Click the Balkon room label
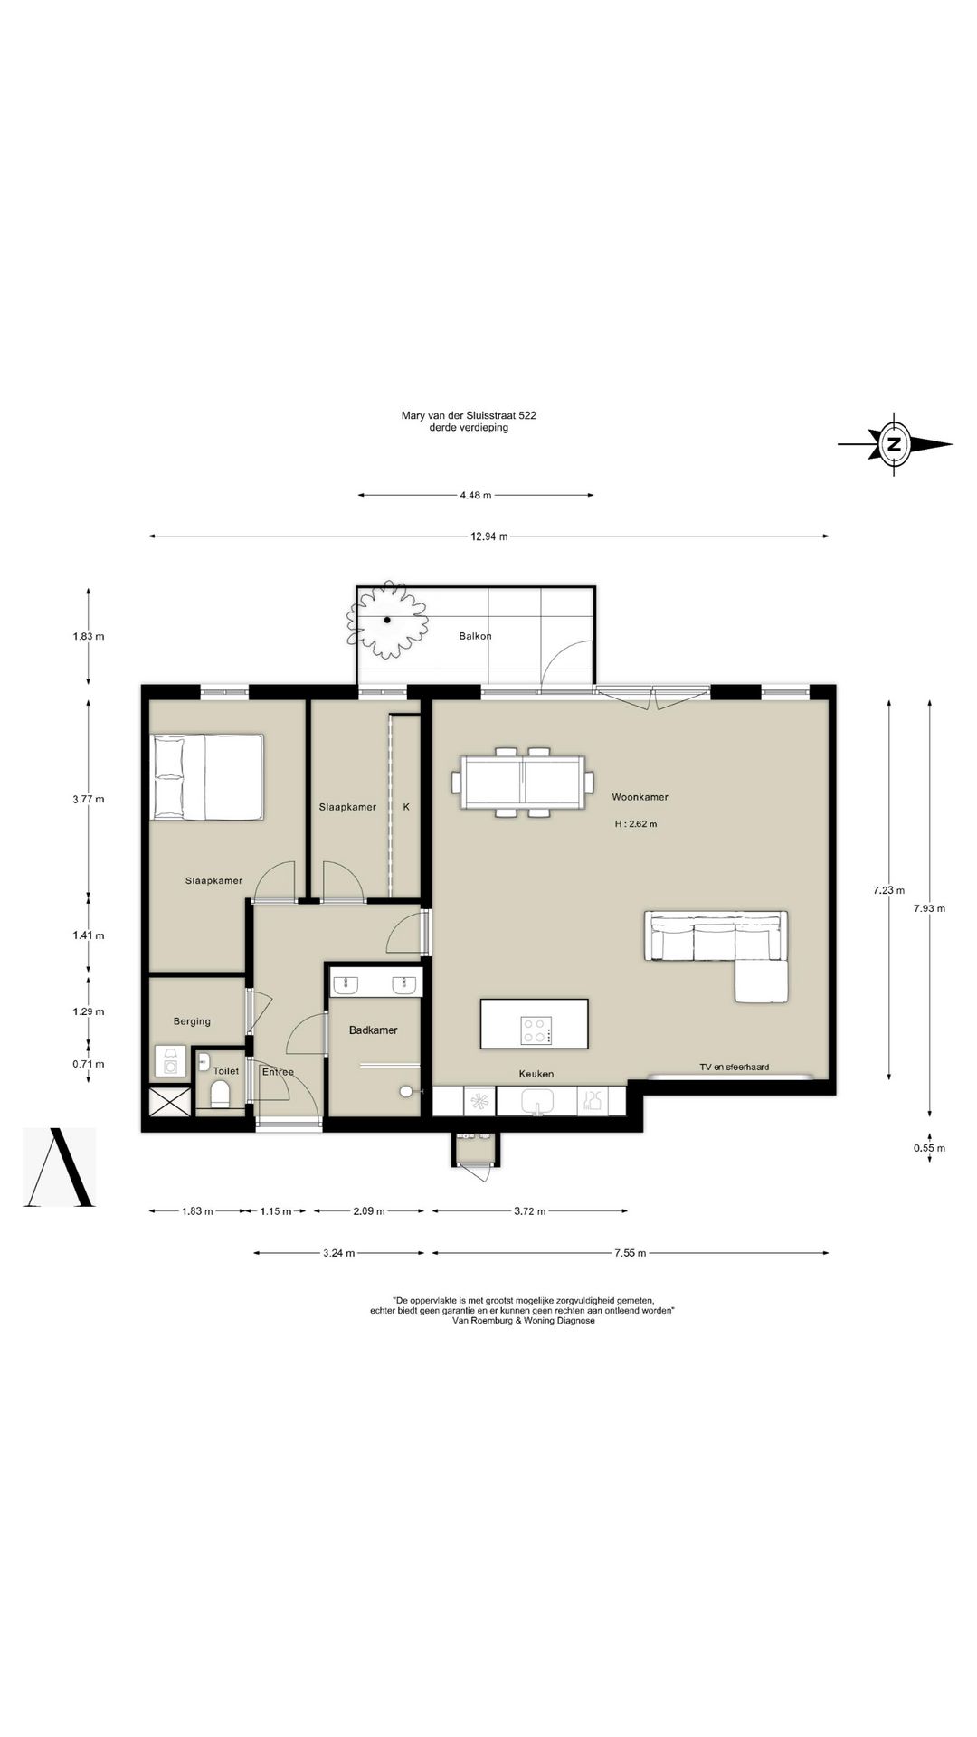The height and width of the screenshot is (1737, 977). (475, 636)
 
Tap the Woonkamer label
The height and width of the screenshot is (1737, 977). (640, 797)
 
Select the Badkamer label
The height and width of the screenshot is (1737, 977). (373, 1030)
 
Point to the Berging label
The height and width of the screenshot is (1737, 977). (192, 1021)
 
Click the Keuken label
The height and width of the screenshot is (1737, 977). (536, 1074)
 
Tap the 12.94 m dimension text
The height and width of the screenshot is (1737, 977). (488, 536)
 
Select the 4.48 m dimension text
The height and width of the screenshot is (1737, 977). (475, 495)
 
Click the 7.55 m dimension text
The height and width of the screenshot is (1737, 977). (630, 1253)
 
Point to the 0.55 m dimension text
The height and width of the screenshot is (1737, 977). (929, 1148)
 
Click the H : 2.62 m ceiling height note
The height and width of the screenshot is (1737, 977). (636, 824)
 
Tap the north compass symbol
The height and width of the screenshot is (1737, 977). (895, 444)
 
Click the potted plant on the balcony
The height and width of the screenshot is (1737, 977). (387, 620)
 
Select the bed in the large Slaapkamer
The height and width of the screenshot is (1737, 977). (208, 777)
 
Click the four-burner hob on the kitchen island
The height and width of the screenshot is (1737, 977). (536, 1030)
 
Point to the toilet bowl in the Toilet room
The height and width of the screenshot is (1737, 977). (220, 1095)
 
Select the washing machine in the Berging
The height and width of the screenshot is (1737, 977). (170, 1062)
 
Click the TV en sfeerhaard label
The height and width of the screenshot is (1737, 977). (734, 1067)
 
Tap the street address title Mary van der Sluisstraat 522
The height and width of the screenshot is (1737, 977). (469, 415)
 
